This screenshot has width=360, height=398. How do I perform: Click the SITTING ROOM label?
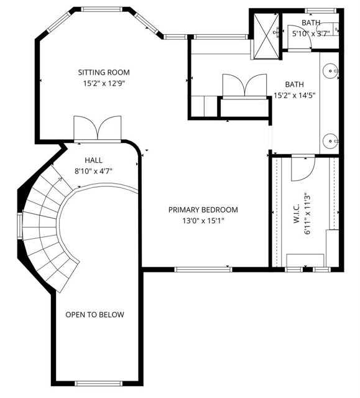click(104, 72)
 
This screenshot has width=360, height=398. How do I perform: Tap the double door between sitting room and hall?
click(97, 128)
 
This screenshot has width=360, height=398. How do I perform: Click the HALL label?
click(93, 160)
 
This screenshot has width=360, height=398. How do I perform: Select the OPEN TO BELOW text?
click(95, 315)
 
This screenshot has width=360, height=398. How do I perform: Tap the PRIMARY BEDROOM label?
click(203, 210)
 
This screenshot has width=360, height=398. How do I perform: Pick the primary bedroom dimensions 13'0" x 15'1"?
click(203, 221)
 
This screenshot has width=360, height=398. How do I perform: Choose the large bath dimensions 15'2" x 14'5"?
click(295, 96)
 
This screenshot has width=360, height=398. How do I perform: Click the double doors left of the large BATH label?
click(243, 86)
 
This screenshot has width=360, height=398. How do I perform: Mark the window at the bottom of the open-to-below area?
click(96, 384)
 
